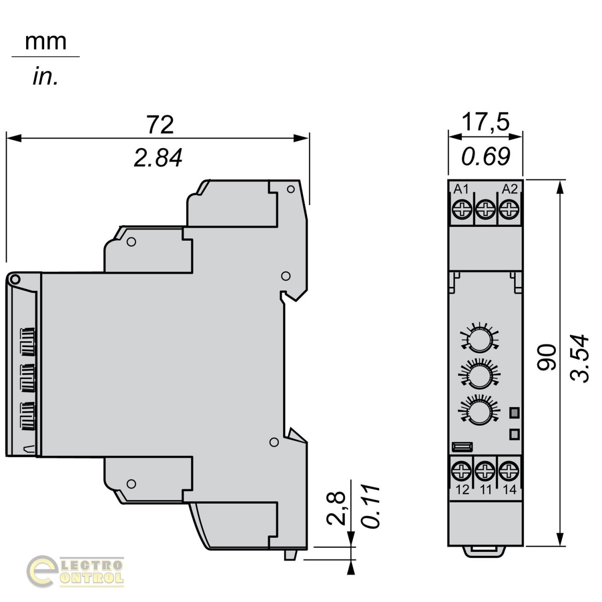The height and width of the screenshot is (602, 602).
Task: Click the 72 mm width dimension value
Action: (160, 124)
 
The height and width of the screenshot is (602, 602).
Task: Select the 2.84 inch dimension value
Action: (158, 158)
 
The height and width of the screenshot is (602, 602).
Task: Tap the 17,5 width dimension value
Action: (486, 122)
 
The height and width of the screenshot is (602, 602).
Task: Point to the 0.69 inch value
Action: (486, 156)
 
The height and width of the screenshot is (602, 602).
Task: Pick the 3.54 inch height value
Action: (579, 358)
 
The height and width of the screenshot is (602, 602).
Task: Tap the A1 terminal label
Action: (461, 189)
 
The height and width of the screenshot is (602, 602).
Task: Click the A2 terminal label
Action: (510, 189)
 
